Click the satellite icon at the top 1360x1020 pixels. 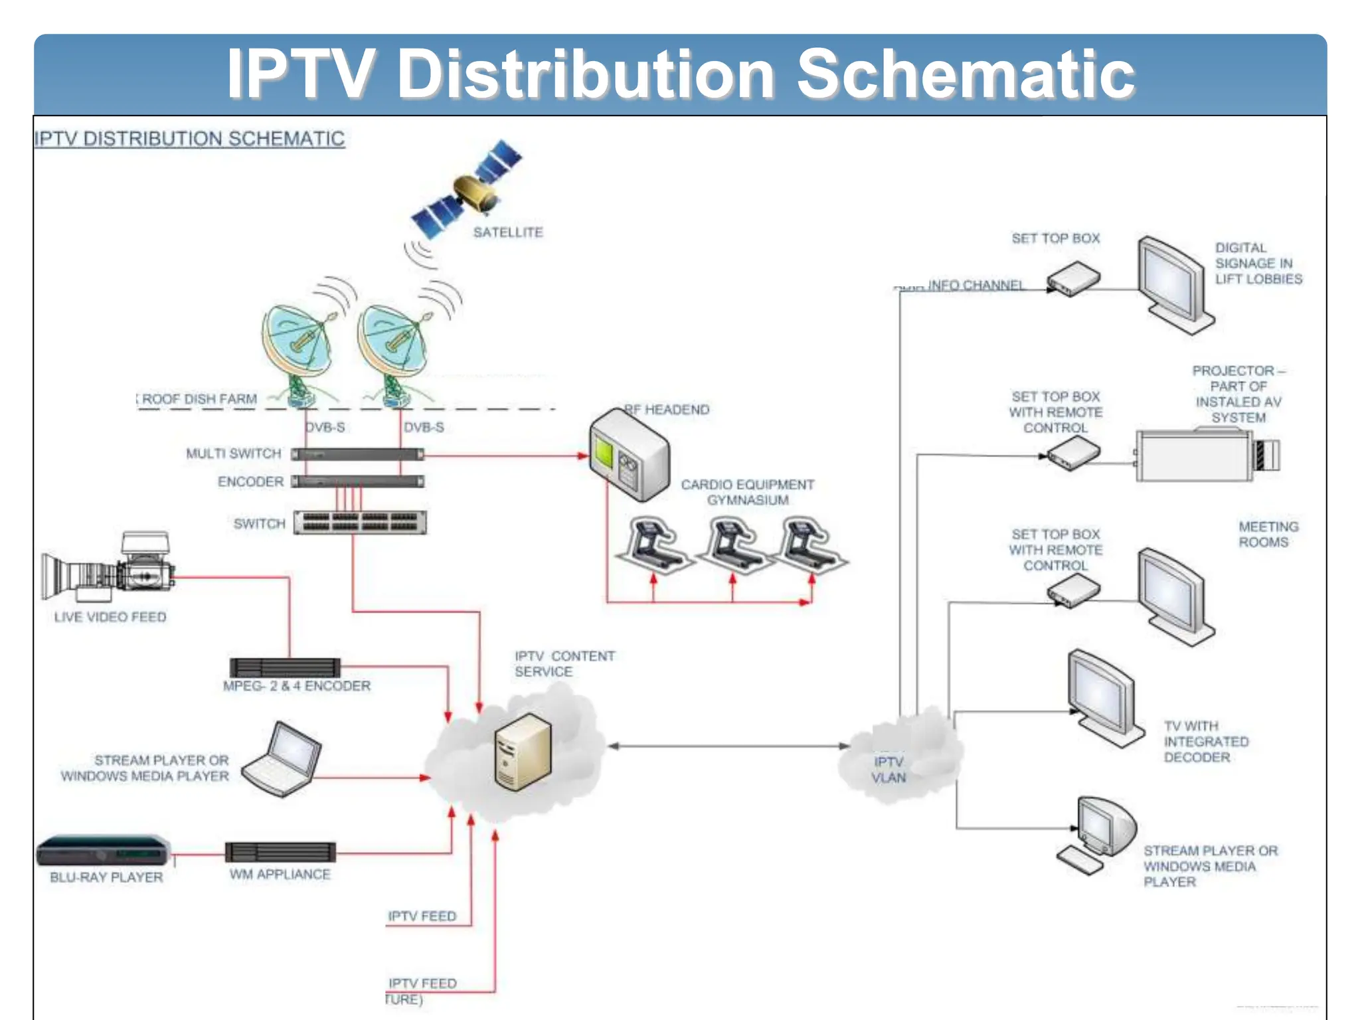467,189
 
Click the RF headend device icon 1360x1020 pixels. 629,456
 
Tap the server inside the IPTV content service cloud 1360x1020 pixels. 523,752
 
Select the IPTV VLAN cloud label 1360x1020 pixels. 889,769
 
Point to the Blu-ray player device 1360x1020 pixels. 103,850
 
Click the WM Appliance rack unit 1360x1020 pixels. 280,852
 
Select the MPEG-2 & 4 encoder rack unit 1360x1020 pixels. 285,667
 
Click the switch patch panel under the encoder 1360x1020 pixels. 360,523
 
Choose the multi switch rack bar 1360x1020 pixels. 357,454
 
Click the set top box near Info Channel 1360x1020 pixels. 1073,279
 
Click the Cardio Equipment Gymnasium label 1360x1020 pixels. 747,492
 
